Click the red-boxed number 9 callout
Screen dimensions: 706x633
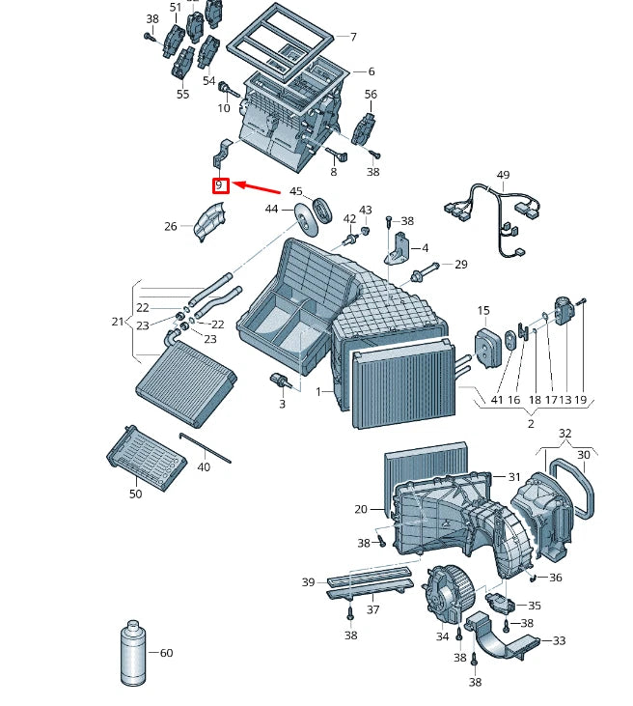tap(220, 184)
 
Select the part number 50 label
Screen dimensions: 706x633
tap(135, 494)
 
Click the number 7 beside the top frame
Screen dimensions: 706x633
tap(353, 37)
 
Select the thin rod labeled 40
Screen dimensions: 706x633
tap(204, 447)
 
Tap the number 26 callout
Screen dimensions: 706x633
tap(171, 227)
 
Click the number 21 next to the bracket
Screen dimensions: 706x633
tap(118, 322)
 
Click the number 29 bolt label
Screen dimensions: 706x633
tap(460, 265)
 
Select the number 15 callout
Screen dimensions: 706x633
tap(483, 311)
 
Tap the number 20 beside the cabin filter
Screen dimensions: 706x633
tap(361, 509)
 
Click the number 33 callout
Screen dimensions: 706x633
tap(559, 640)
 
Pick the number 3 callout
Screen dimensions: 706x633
tap(282, 404)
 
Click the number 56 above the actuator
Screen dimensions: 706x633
tap(371, 95)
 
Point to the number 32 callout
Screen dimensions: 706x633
tap(565, 434)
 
